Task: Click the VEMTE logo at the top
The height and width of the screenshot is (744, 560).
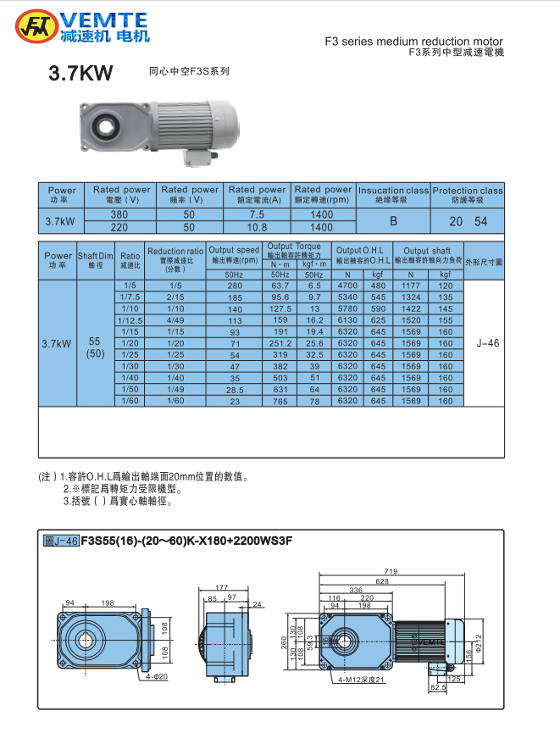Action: pos(82,26)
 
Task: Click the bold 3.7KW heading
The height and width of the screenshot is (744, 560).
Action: pos(80,75)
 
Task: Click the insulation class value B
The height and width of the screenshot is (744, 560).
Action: pos(393,221)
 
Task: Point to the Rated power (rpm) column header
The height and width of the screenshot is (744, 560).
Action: pos(322,194)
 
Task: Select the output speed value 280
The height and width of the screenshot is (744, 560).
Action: pos(235,286)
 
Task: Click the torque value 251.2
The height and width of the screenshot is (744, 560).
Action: pos(280,343)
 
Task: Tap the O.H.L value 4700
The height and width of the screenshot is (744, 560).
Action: pos(347,286)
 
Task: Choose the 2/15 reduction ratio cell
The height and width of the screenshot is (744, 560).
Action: pos(175,297)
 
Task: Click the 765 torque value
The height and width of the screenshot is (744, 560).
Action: pos(280,401)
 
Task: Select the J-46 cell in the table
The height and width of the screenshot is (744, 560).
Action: pos(487,343)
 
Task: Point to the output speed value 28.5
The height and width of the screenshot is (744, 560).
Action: pos(235,389)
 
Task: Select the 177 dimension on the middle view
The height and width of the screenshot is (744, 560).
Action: pos(222,586)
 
